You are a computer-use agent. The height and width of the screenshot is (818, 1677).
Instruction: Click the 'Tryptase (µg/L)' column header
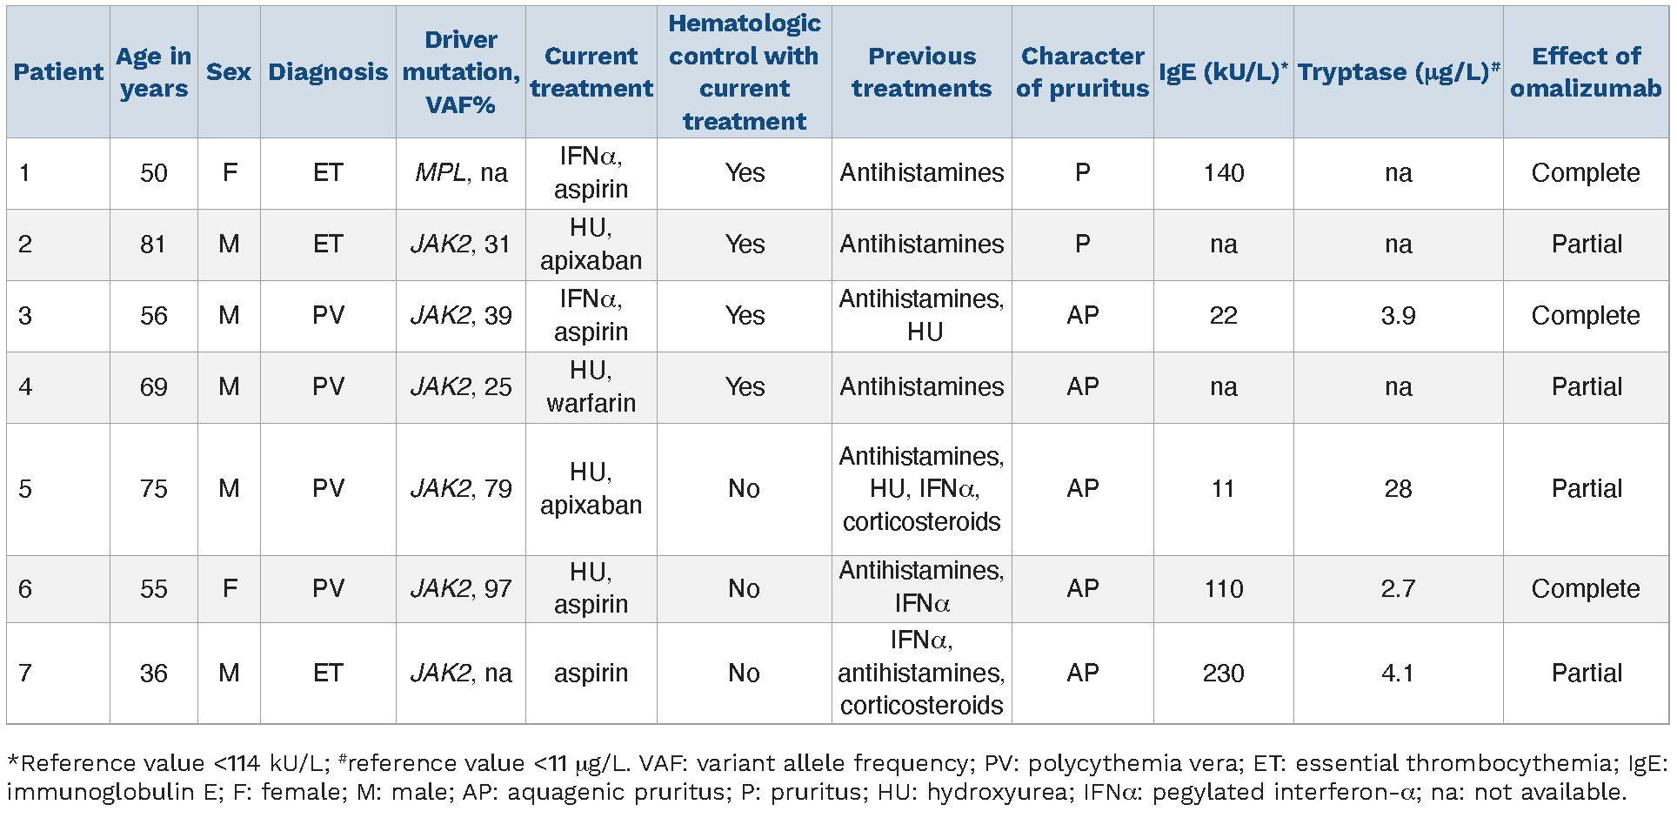tap(1398, 72)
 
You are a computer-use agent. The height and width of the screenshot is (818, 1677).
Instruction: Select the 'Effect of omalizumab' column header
tap(1586, 72)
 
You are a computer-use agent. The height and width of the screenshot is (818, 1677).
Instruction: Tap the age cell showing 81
tap(153, 245)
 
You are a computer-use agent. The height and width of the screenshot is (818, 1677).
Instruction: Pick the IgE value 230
tap(1223, 674)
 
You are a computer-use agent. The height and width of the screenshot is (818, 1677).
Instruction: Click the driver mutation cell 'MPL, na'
tap(461, 173)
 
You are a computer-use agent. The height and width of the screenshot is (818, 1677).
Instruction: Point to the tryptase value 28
tap(1398, 489)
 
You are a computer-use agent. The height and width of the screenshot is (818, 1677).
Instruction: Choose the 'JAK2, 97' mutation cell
tap(461, 589)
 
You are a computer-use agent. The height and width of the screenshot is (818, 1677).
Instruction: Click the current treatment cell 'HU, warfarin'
tap(591, 387)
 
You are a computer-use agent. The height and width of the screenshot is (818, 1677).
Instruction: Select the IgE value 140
tap(1223, 173)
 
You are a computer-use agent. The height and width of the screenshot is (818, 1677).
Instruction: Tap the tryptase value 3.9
tap(1398, 316)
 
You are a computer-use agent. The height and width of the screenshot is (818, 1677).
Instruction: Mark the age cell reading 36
tap(153, 674)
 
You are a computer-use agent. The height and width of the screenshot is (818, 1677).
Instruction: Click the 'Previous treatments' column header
tap(921, 72)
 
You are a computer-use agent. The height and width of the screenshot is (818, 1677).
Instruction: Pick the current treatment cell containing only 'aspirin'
tap(591, 674)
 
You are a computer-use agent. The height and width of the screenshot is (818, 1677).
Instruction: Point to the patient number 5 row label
tap(25, 489)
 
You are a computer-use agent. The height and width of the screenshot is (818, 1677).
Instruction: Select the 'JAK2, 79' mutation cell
tap(461, 489)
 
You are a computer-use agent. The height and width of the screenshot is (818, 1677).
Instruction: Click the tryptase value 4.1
tap(1398, 674)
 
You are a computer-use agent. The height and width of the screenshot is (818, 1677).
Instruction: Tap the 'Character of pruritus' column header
tap(1082, 72)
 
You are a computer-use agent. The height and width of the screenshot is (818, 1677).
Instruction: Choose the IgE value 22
tap(1223, 316)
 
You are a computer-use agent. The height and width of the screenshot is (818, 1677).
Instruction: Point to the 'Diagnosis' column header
tap(328, 72)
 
